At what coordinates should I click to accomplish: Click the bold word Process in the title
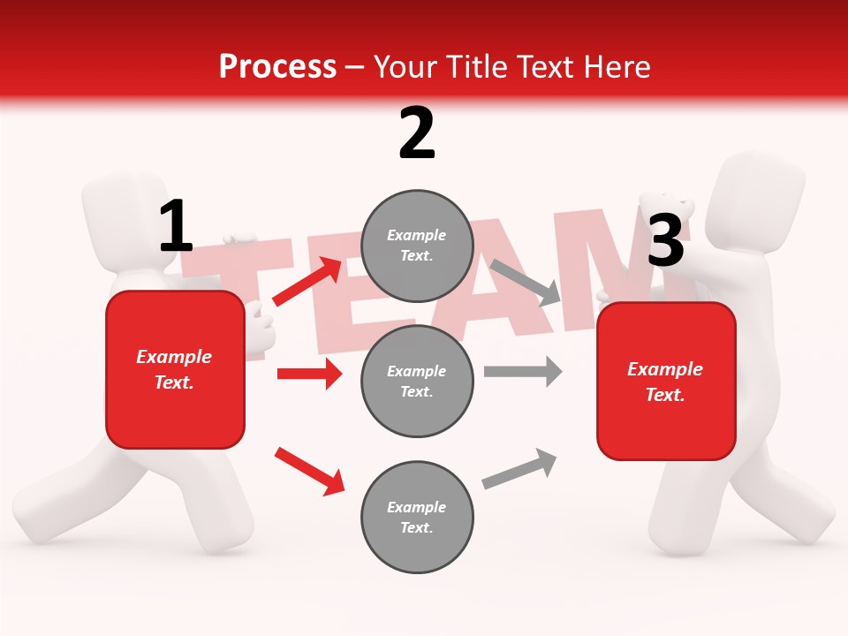[x=277, y=67]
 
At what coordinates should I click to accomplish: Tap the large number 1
[x=176, y=227]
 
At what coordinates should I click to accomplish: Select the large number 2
[x=417, y=133]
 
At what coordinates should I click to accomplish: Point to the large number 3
[x=665, y=240]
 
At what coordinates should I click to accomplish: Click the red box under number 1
[x=175, y=369]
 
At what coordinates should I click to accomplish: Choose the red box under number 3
[x=666, y=382]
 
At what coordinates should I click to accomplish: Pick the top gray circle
[x=417, y=245]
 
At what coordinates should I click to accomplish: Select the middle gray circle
[x=417, y=381]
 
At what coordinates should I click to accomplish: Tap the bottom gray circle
[x=417, y=517]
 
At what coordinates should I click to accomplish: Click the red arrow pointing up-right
[x=307, y=282]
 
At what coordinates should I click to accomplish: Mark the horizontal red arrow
[x=309, y=374]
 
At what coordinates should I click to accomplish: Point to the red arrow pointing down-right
[x=309, y=471]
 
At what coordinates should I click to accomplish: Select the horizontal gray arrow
[x=523, y=371]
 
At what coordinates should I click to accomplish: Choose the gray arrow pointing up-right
[x=519, y=469]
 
